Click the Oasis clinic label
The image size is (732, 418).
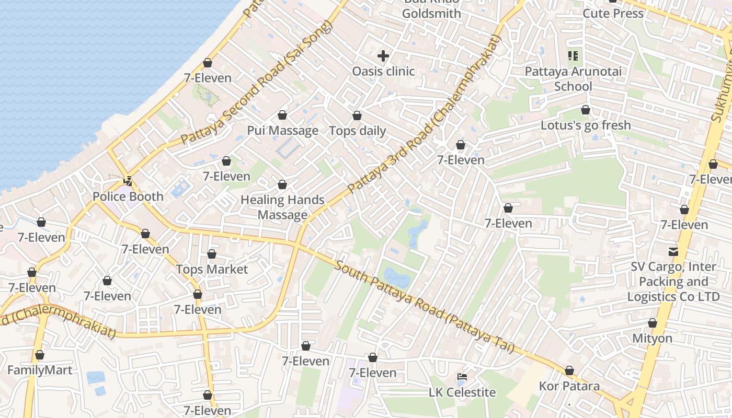(x=383, y=71)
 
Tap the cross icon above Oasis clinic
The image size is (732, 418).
(x=383, y=55)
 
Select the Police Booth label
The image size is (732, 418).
(x=128, y=196)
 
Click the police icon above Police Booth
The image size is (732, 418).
(x=128, y=181)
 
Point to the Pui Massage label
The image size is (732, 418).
(x=282, y=131)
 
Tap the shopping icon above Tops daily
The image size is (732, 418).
(x=357, y=115)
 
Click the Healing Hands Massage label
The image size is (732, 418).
(x=282, y=207)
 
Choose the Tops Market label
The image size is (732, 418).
(x=212, y=270)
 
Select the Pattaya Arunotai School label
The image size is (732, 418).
(x=573, y=79)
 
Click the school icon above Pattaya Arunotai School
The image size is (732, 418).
(x=573, y=55)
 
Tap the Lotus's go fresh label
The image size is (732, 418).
(x=586, y=125)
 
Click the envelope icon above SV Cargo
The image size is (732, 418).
(x=673, y=251)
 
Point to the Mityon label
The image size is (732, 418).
(x=652, y=338)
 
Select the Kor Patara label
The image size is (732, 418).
(x=569, y=387)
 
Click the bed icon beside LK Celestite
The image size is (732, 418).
(x=462, y=376)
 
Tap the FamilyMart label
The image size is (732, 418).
(x=40, y=370)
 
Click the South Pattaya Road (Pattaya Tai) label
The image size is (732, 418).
(x=424, y=307)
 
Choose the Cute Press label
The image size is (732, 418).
(x=613, y=13)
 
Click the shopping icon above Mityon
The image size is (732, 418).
(x=652, y=323)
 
